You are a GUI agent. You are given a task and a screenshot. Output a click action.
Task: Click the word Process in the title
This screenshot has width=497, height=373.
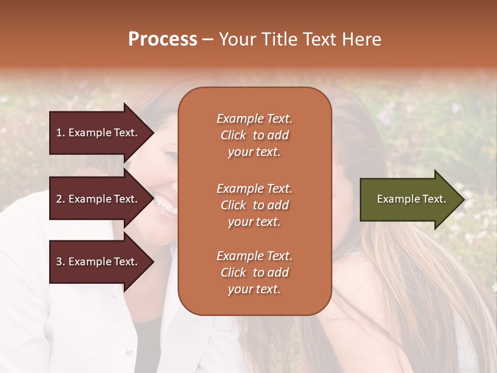coord(163,39)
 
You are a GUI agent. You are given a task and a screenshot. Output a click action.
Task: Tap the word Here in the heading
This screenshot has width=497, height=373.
coord(361,39)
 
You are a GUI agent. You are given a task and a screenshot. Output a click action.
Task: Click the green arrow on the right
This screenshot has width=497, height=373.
coord(406,199)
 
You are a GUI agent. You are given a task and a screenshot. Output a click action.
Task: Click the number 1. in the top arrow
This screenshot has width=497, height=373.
coord(60,133)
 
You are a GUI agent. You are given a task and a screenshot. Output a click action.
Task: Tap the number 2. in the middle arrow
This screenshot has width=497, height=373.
coord(60,199)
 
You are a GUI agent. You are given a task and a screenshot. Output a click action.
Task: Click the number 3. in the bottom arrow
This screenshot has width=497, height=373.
coord(60,262)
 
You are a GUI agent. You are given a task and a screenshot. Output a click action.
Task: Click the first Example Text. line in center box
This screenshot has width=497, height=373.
coord(254,119)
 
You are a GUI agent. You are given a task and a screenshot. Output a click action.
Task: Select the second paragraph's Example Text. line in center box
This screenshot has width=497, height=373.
coord(254,189)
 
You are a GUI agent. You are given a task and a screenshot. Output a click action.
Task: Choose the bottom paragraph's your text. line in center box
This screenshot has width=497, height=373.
coord(254,289)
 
